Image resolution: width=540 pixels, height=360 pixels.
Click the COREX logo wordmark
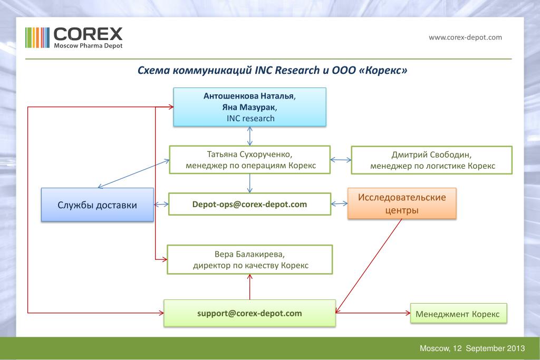tap(88, 34)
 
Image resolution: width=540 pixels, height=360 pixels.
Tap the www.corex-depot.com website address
tap(465, 37)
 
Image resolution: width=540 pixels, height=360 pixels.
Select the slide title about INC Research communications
tap(272, 71)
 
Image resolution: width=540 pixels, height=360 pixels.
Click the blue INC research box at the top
tap(250, 107)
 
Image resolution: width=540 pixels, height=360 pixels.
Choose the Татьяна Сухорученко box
tap(250, 160)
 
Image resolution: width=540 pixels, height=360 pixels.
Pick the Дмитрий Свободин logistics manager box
tap(432, 160)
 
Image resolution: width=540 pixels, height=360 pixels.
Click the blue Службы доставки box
tap(98, 205)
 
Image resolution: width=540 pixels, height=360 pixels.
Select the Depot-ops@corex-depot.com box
tap(249, 204)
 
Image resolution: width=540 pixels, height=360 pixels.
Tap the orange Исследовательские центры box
tap(402, 203)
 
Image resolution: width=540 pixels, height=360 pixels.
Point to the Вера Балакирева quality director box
tap(250, 259)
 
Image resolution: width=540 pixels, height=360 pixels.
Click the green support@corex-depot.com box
tap(249, 313)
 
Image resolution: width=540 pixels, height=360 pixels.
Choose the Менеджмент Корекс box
tap(458, 314)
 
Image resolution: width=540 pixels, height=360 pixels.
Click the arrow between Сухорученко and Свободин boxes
tap(341, 160)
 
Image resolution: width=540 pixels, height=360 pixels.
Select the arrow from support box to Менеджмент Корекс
tap(373, 313)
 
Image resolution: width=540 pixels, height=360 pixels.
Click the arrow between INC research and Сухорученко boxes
tap(250, 136)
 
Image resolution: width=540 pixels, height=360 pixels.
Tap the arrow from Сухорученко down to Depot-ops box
tap(250, 183)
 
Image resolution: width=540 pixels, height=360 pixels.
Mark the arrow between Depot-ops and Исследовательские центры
tap(339, 203)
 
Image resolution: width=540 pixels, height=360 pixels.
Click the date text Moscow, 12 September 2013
tap(472, 348)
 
